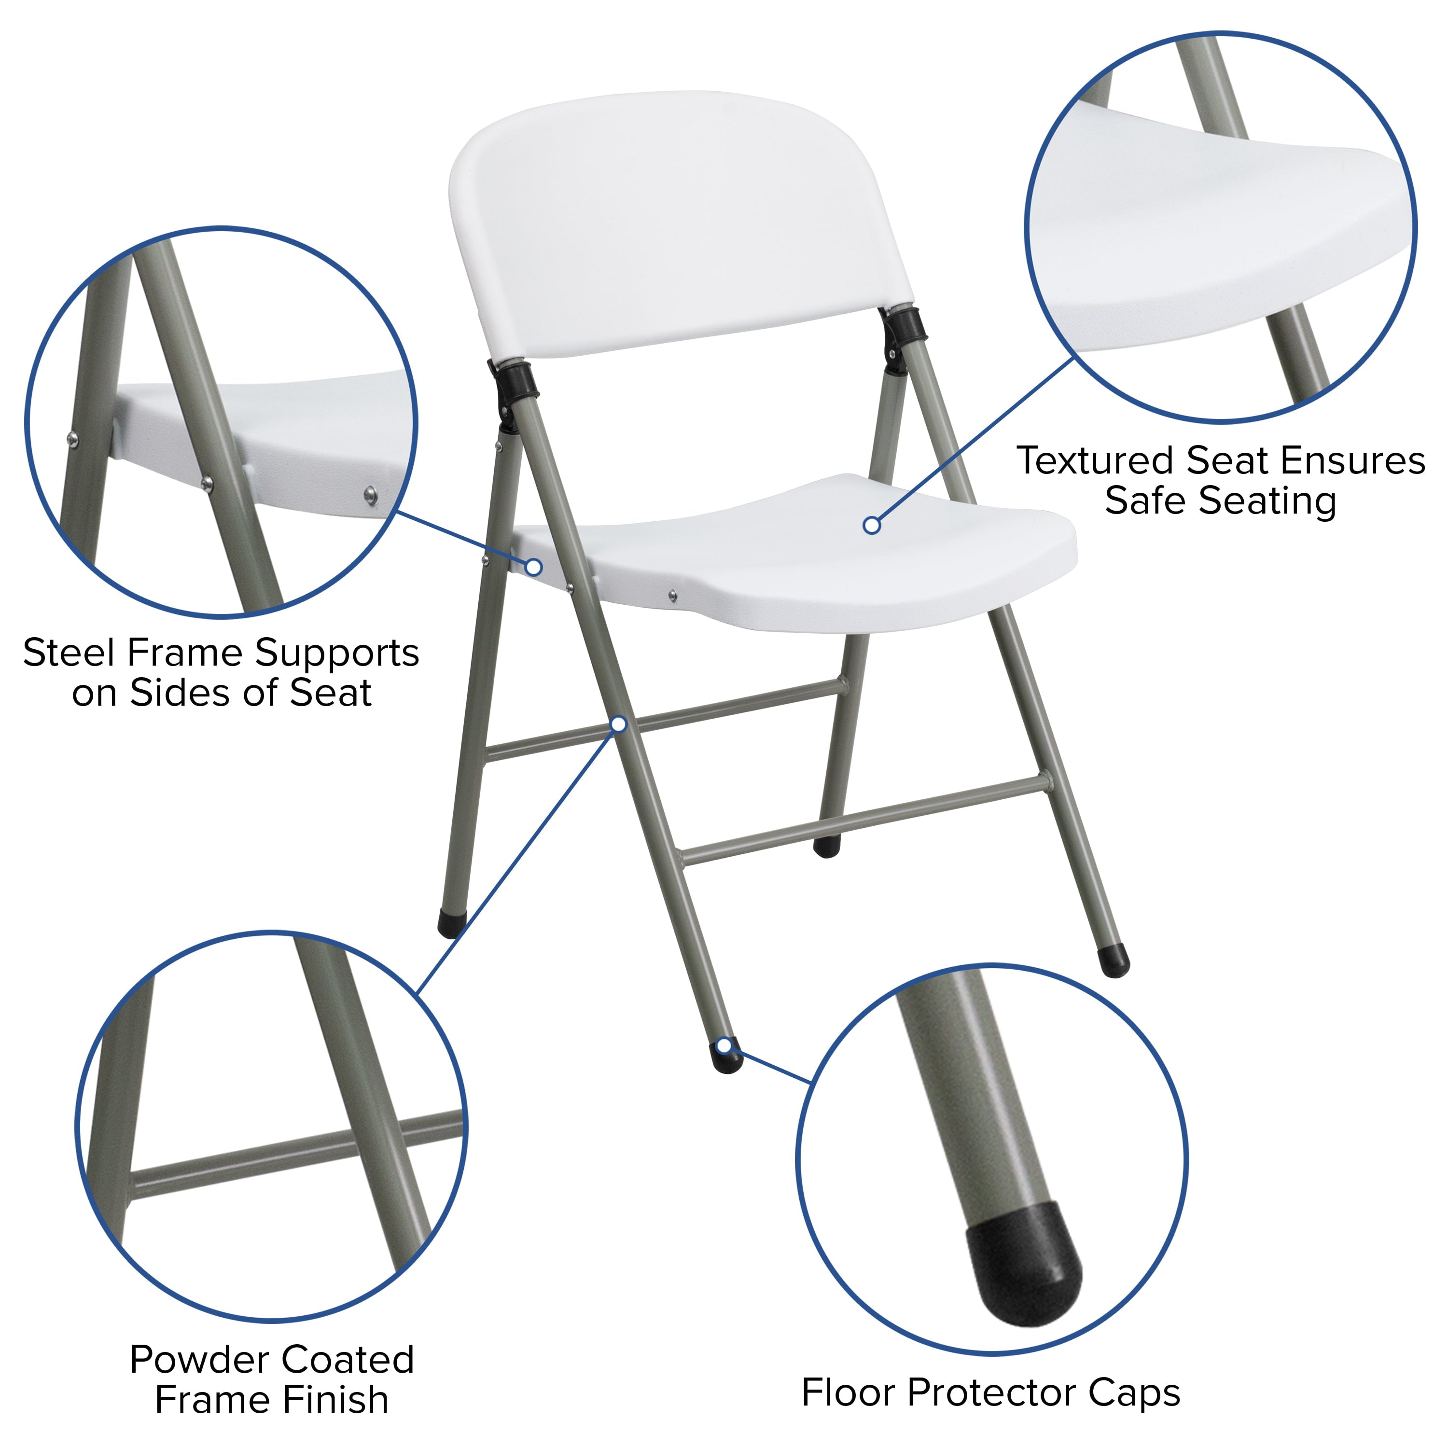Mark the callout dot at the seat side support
click(534, 567)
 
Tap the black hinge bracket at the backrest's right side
click(903, 324)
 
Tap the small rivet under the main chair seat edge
click(672, 595)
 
